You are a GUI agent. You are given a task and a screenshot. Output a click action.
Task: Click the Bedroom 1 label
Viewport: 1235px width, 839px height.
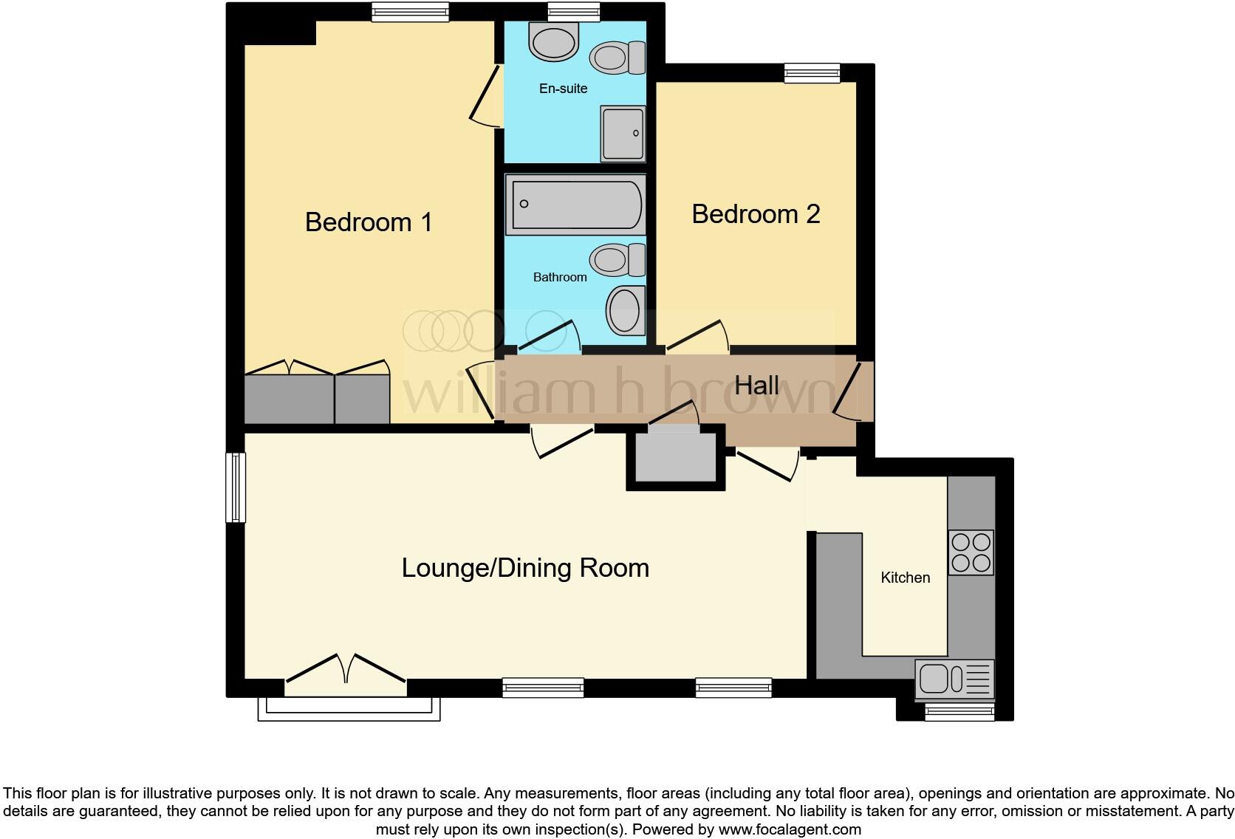(368, 222)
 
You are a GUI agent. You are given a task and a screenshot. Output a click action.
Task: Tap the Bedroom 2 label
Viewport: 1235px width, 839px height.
(755, 213)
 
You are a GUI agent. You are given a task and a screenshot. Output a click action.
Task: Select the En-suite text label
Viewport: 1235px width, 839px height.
(563, 89)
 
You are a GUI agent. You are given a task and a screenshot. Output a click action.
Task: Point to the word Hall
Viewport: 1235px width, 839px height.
(756, 385)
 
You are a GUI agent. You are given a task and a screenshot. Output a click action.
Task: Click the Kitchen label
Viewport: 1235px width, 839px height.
(905, 578)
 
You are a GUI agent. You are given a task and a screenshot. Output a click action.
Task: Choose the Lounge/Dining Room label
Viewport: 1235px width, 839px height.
(525, 568)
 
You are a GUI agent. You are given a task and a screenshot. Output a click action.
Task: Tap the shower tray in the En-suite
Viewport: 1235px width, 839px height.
(623, 134)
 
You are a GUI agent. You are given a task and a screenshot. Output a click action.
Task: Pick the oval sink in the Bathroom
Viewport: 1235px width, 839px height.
(624, 309)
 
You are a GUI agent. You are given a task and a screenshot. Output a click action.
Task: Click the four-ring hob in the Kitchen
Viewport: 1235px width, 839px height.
(971, 552)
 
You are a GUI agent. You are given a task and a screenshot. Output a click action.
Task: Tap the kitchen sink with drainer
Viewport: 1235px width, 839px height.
(954, 679)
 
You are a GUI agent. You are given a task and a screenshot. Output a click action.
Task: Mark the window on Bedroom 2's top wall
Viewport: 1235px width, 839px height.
(812, 72)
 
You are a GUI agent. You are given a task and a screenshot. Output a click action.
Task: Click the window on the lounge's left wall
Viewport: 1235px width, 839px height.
(236, 487)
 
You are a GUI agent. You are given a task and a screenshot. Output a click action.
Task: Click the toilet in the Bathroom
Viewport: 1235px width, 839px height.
(617, 260)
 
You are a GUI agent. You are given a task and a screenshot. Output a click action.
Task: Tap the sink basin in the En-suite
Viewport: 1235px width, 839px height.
(554, 41)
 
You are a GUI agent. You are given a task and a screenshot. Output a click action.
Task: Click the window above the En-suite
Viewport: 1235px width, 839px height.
(573, 10)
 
